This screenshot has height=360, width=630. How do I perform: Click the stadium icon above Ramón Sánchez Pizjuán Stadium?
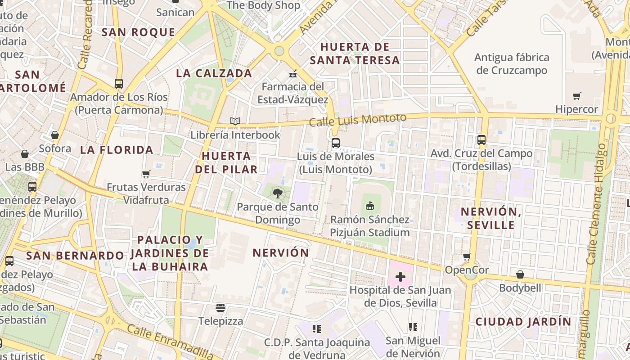point(370,206)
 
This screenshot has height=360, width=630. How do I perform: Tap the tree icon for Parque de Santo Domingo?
point(278,193)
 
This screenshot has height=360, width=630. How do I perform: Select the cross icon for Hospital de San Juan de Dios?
point(400,276)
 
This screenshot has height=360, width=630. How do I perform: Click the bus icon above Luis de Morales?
point(335,143)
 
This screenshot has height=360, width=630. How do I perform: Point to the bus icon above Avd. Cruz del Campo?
point(481,139)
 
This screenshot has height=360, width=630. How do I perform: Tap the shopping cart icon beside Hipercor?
point(577,96)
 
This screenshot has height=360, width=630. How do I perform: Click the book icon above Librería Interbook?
point(235,121)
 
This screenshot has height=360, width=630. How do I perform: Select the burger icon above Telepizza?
point(220,308)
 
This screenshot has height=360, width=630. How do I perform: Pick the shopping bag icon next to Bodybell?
point(520,274)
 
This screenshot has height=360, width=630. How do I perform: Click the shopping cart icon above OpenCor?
point(467,257)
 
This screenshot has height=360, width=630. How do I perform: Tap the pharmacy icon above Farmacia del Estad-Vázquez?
point(293,74)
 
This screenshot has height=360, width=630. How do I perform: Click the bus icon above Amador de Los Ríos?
point(119,84)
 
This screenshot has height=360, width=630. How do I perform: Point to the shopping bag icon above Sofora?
point(55,135)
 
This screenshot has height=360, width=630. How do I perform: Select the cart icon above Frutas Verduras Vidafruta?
point(146,174)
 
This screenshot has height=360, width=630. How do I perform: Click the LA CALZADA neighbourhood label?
point(214,73)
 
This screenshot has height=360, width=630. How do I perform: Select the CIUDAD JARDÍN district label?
point(523,322)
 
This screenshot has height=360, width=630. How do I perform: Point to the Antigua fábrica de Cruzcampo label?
point(512,64)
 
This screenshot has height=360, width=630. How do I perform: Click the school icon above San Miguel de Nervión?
point(413,327)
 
